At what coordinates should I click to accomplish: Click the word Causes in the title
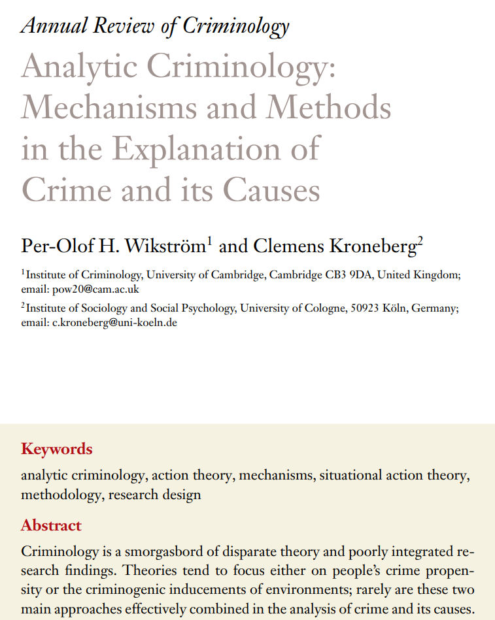pyautogui.click(x=271, y=189)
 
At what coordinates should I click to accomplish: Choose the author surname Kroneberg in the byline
pyautogui.click(x=373, y=246)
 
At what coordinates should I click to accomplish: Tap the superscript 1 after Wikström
pyautogui.click(x=209, y=242)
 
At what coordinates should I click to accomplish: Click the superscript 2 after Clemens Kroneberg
pyautogui.click(x=420, y=242)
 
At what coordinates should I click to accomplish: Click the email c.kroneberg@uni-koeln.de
pyautogui.click(x=114, y=322)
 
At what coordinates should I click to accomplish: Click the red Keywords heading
pyautogui.click(x=57, y=449)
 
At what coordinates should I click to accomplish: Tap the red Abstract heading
pyautogui.click(x=51, y=525)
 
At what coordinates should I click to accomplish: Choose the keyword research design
pyautogui.click(x=155, y=494)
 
